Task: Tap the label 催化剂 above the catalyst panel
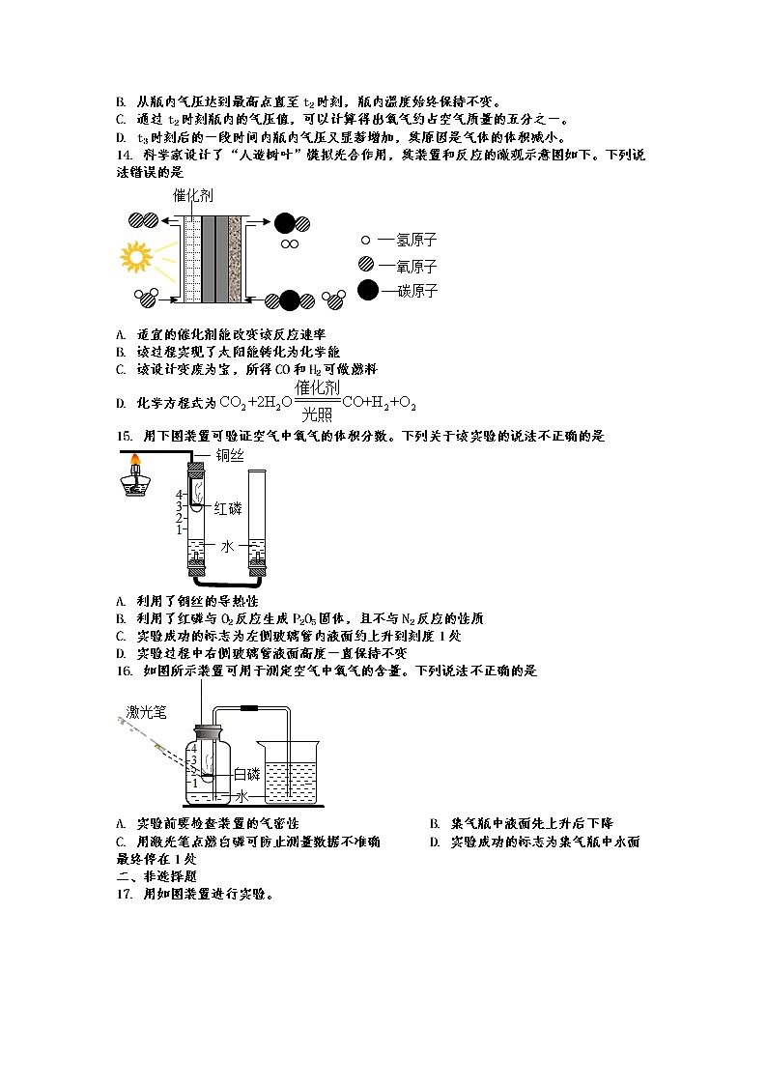[193, 195]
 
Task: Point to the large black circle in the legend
[368, 290]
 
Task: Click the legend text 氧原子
[408, 266]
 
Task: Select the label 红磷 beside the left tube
[235, 506]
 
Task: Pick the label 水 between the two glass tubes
[228, 546]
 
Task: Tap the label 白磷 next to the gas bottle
[247, 774]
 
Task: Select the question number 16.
[123, 671]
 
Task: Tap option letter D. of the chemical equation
[121, 402]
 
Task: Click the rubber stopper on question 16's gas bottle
[211, 732]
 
